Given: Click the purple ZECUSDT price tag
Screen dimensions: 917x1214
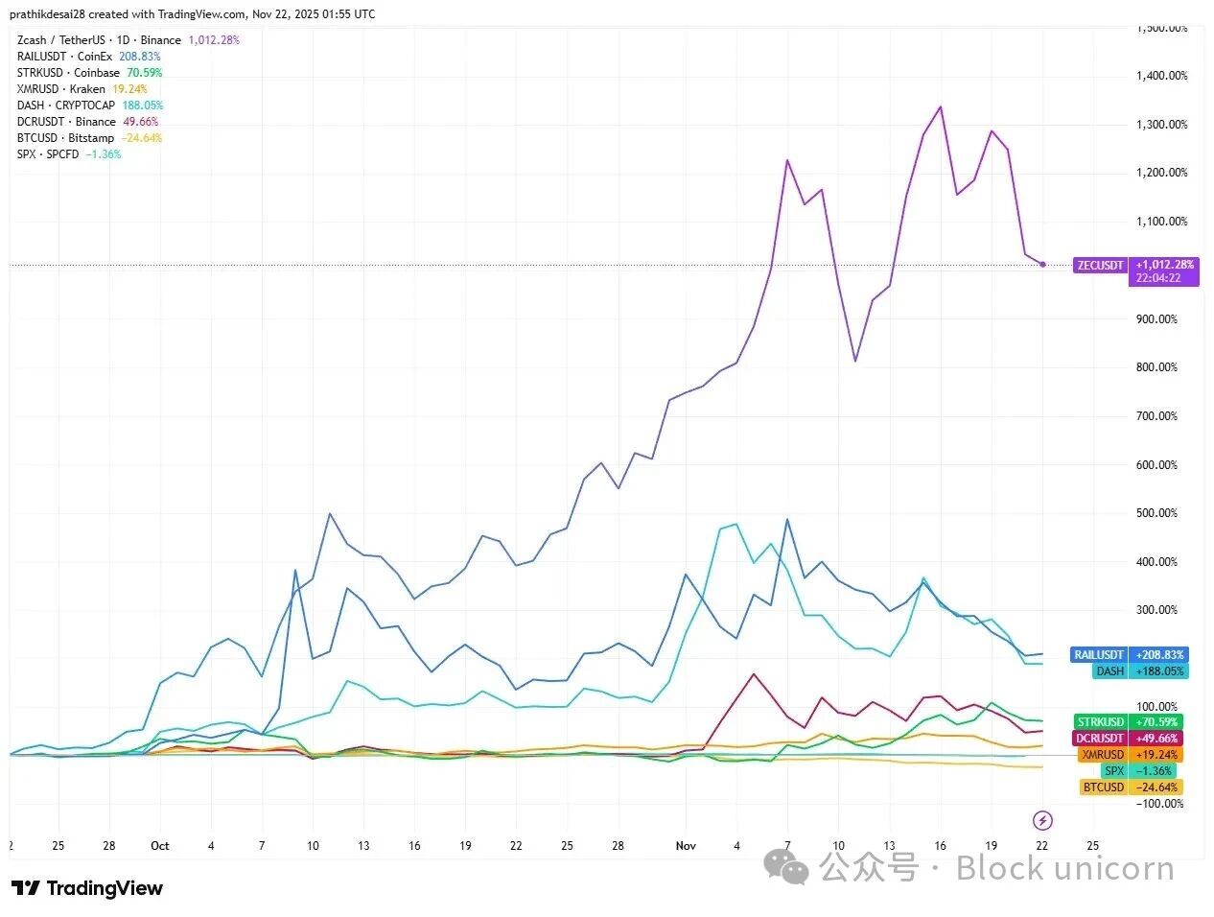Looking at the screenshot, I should pyautogui.click(x=1100, y=265).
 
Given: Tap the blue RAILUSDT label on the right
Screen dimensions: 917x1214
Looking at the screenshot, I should pyautogui.click(x=1098, y=655).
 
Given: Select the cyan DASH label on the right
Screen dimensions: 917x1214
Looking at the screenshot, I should pyautogui.click(x=1109, y=671).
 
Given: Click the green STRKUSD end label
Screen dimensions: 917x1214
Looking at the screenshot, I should pyautogui.click(x=1100, y=722).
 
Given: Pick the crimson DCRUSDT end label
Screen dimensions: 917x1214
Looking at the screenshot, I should pyautogui.click(x=1099, y=739).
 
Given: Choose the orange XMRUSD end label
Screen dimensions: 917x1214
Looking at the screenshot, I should pyautogui.click(x=1102, y=755).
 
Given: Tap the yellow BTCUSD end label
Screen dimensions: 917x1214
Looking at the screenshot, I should pyautogui.click(x=1103, y=788).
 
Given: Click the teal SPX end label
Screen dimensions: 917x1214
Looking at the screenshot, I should pyautogui.click(x=1113, y=771).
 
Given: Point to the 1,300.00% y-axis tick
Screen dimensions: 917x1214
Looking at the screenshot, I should pyautogui.click(x=1162, y=125).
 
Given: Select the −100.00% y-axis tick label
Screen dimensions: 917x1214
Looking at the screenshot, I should pyautogui.click(x=1160, y=804).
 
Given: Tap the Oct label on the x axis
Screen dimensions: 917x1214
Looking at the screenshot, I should pyautogui.click(x=160, y=846).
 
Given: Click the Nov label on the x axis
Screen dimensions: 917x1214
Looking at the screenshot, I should pyautogui.click(x=686, y=846).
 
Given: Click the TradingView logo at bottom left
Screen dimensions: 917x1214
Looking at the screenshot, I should pyautogui.click(x=87, y=888).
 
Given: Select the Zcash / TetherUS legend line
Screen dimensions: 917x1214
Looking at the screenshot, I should pyautogui.click(x=99, y=40).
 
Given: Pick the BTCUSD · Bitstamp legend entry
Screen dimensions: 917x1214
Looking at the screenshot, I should pyautogui.click(x=65, y=138).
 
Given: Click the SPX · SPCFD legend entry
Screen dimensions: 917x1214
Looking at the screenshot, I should pyautogui.click(x=48, y=154).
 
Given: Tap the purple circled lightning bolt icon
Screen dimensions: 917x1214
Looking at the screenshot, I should pyautogui.click(x=1042, y=820).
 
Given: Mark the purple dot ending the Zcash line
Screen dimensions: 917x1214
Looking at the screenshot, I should pyautogui.click(x=1042, y=265).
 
